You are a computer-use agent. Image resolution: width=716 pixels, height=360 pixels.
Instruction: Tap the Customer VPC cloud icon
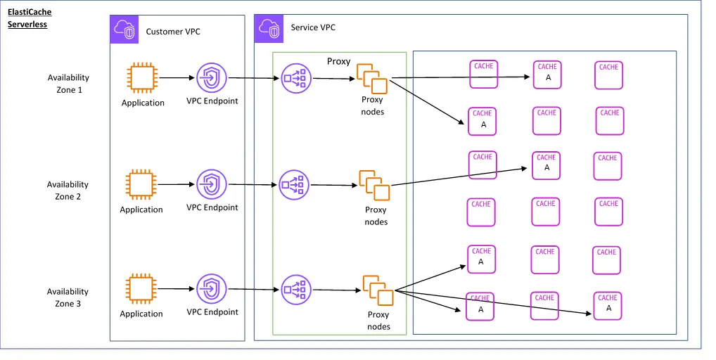124,29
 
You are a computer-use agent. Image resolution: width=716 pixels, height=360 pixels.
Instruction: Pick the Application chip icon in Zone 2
141,184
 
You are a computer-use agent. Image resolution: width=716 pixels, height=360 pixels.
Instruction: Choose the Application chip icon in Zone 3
141,289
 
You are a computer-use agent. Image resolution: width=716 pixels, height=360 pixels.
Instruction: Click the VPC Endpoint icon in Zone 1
211,77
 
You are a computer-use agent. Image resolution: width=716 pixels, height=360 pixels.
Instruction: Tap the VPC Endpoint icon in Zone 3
211,289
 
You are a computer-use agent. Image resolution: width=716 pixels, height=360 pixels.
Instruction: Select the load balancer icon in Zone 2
293,185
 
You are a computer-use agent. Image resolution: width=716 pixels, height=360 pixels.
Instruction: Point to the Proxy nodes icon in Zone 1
372,78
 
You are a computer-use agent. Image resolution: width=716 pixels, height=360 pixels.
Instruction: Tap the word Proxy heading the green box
338,62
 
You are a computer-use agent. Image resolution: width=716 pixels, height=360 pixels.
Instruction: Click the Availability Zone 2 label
68,191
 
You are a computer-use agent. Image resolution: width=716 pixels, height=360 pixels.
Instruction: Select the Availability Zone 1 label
69,84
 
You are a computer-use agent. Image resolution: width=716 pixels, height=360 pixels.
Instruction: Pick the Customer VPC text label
173,32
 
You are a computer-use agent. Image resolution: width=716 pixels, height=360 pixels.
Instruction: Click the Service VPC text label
313,28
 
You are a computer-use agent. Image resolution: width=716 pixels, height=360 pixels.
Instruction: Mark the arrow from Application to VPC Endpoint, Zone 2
176,184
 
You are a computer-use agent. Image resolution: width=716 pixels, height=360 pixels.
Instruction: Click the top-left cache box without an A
483,74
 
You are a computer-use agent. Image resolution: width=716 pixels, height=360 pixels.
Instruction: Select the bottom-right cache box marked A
608,306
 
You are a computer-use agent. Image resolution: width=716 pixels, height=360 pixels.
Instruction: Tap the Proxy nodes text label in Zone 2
376,216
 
